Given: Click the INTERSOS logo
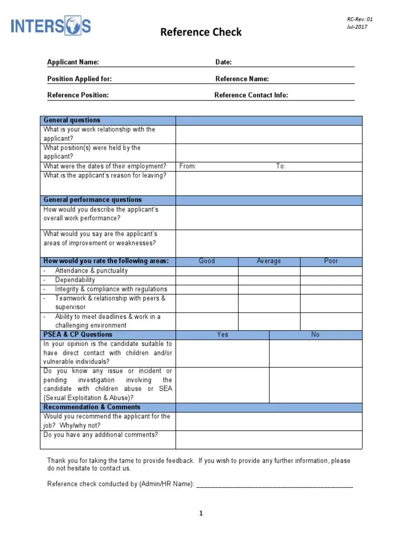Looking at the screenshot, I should [x=51, y=26].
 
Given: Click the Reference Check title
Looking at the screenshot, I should [x=201, y=32].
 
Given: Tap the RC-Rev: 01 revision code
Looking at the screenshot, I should [x=360, y=19].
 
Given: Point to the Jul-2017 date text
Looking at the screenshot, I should [x=356, y=27].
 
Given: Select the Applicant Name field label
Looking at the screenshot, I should [x=73, y=62].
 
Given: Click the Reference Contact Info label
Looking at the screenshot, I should [x=251, y=95].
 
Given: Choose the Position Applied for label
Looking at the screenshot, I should [x=79, y=79].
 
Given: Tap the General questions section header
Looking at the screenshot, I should [x=72, y=120].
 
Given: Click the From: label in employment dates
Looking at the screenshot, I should [x=188, y=166].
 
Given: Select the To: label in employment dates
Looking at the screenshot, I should [x=281, y=166].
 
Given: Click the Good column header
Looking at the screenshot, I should [x=207, y=261].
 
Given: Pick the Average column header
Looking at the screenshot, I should [x=269, y=261].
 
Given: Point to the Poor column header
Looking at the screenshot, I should [x=331, y=261].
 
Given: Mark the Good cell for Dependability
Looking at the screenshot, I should [x=207, y=280].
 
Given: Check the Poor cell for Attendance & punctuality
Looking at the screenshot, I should [x=331, y=271].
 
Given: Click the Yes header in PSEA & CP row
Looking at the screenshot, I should [x=222, y=334].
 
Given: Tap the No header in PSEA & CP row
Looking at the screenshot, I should [x=315, y=334].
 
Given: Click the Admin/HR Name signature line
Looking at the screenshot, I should [x=275, y=485].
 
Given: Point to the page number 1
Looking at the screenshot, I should [x=200, y=513].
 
